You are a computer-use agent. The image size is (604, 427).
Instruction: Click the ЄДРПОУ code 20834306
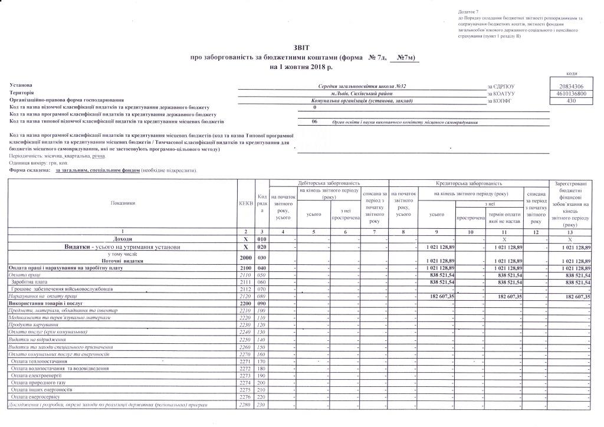[x=570, y=87]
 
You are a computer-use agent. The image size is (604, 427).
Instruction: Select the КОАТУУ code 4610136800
[x=570, y=94]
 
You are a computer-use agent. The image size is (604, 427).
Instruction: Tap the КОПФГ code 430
[x=570, y=101]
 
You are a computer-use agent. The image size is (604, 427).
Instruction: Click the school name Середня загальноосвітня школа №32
[x=362, y=87]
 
